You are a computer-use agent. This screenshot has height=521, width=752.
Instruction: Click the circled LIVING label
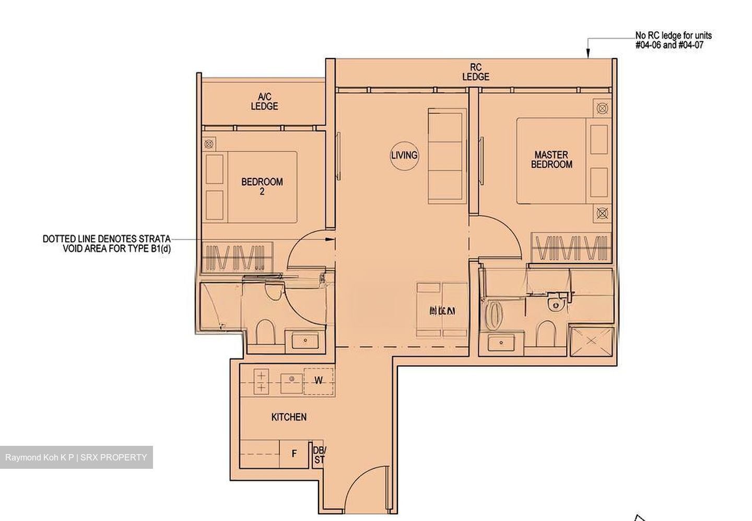(x=404, y=155)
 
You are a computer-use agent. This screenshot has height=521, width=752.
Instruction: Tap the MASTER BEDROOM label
(x=551, y=160)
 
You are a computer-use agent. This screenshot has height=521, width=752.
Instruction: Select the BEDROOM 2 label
(x=262, y=186)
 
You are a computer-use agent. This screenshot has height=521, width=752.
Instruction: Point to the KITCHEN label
(x=289, y=417)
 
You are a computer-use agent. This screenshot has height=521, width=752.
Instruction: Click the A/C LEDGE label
(x=264, y=102)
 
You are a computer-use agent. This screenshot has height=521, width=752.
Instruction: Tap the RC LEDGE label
(x=476, y=73)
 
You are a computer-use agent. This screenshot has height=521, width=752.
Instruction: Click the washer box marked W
(x=318, y=381)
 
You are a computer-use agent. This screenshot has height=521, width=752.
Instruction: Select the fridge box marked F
(x=294, y=454)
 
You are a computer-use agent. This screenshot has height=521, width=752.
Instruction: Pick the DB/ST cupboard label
(x=319, y=455)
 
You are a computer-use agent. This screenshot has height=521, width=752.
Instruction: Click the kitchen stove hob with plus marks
(x=260, y=381)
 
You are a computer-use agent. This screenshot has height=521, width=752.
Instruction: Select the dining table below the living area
(x=442, y=312)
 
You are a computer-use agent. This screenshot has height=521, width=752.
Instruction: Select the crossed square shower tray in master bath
(x=590, y=341)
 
